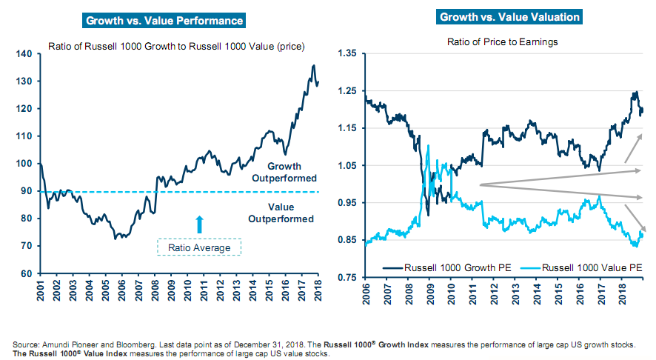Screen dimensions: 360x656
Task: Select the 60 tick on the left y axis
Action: coord(25,273)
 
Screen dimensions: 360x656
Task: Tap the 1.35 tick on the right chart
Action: coord(347,53)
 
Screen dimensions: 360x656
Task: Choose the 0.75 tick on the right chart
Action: coord(347,278)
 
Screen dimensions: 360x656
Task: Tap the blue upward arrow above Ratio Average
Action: coord(198,222)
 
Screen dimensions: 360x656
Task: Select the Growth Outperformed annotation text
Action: coord(284,173)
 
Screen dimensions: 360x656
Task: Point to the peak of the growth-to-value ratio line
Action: coord(313,66)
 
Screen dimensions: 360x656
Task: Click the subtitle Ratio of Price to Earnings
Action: coord(501,42)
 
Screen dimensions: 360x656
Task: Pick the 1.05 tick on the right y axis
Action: coord(347,166)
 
